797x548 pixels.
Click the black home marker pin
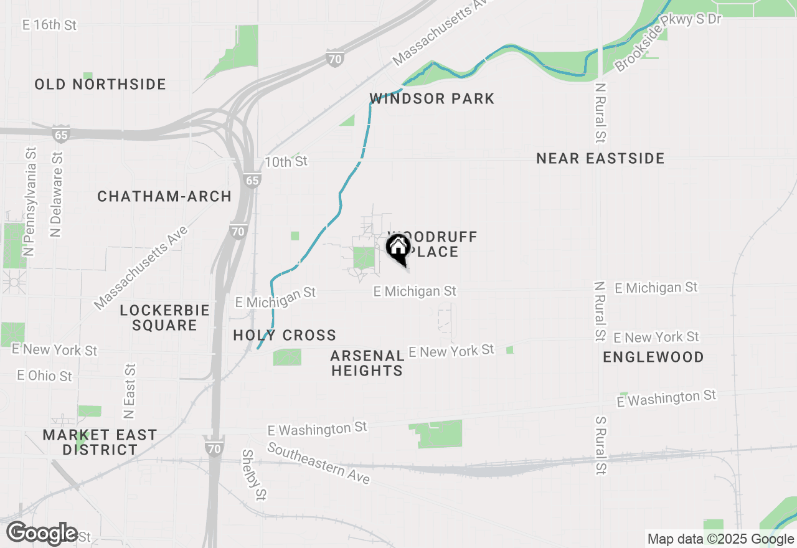398,248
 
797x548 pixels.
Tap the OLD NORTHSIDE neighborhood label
100,84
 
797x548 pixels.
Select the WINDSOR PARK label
432,98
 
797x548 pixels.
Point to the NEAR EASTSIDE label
600,159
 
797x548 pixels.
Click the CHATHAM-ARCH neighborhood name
164,197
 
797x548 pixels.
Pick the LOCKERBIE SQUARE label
164,318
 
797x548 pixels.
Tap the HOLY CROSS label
285,336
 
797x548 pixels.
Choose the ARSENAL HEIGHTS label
367,363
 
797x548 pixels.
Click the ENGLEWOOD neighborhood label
653,357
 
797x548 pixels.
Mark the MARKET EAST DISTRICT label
100,442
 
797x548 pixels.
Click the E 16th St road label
49,25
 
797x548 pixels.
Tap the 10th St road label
286,162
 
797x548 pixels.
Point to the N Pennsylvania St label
29,202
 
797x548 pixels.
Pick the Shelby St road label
254,475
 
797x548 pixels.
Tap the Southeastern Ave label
319,463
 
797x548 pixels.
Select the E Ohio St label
44,376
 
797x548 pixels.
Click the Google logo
42,534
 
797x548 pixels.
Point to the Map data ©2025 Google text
720,539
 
